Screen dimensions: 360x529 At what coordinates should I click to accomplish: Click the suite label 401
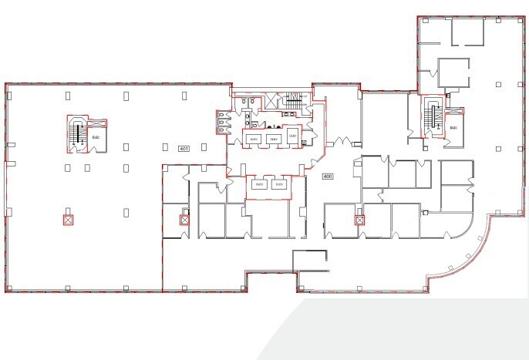(x=184, y=148)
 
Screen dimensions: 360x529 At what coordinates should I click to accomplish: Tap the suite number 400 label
(x=327, y=177)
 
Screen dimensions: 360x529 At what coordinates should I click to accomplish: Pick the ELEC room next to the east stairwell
(x=453, y=127)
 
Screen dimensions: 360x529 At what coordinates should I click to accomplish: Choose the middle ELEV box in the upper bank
(x=272, y=137)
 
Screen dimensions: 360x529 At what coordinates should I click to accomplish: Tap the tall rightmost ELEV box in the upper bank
(x=292, y=135)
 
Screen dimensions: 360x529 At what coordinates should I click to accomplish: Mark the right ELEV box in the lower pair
(x=279, y=185)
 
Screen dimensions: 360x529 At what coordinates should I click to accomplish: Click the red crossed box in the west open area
(x=68, y=220)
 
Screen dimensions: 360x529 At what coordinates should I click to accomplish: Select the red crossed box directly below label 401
(x=184, y=220)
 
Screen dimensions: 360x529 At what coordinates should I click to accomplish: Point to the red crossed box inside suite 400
(x=359, y=220)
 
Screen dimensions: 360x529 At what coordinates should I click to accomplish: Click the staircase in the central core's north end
(x=292, y=99)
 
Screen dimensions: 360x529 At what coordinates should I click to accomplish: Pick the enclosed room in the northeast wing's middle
(x=453, y=72)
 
